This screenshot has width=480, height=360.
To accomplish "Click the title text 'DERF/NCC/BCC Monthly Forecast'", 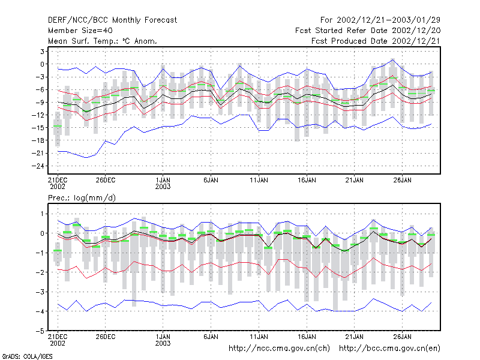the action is [112, 20].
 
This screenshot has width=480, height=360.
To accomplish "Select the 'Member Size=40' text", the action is [80, 31].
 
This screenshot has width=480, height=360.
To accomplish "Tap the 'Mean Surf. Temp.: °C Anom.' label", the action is [103, 41].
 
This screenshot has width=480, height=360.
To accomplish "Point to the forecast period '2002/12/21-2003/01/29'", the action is [388, 20].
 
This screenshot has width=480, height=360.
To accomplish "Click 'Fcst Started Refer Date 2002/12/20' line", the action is [368, 31].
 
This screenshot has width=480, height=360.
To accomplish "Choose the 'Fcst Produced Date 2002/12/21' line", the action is [376, 41].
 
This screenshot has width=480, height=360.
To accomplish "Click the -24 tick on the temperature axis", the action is [38, 166].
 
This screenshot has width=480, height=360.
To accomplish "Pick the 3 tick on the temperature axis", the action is [42, 52].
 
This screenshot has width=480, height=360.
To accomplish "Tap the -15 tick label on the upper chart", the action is [38, 128].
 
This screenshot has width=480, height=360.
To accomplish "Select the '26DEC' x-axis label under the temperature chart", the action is [106, 180].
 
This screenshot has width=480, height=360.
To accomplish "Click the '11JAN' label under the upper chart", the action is [259, 180].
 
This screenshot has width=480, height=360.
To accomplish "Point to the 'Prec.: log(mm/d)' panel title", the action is [82, 198].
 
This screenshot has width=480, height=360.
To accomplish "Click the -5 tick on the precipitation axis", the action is [40, 331].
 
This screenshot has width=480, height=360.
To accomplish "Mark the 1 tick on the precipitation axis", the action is [42, 214].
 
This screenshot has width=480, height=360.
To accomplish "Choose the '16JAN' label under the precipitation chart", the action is [307, 337].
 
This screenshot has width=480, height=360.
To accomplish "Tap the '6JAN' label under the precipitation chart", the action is [211, 337].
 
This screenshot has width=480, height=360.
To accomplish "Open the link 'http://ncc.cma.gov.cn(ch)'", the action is [279, 349].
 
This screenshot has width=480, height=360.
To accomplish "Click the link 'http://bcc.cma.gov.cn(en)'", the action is [389, 349].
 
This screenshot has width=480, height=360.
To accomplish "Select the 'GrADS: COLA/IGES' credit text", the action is [27, 356].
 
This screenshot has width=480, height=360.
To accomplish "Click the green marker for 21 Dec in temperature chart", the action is [58, 126].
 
